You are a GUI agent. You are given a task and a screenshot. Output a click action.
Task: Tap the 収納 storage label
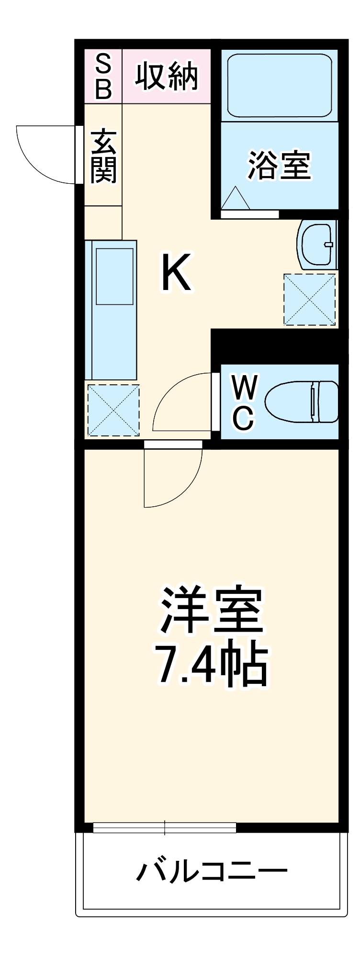click(x=166, y=77)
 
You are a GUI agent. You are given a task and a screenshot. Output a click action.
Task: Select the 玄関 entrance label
click(x=103, y=156)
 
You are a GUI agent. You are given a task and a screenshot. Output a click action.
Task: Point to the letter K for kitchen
click(x=176, y=273)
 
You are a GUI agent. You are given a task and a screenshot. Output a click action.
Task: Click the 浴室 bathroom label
click(x=279, y=166)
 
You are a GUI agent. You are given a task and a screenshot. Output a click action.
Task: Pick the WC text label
click(x=244, y=402)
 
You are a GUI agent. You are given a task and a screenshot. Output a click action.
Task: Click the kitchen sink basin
click(x=114, y=276)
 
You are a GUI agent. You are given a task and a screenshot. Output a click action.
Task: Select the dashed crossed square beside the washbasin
click(x=309, y=300)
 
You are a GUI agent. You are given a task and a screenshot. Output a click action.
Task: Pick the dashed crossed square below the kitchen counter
click(x=113, y=411)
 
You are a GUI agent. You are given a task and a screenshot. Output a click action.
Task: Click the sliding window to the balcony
click(x=165, y=827)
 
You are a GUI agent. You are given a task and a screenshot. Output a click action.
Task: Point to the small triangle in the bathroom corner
click(x=236, y=199)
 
